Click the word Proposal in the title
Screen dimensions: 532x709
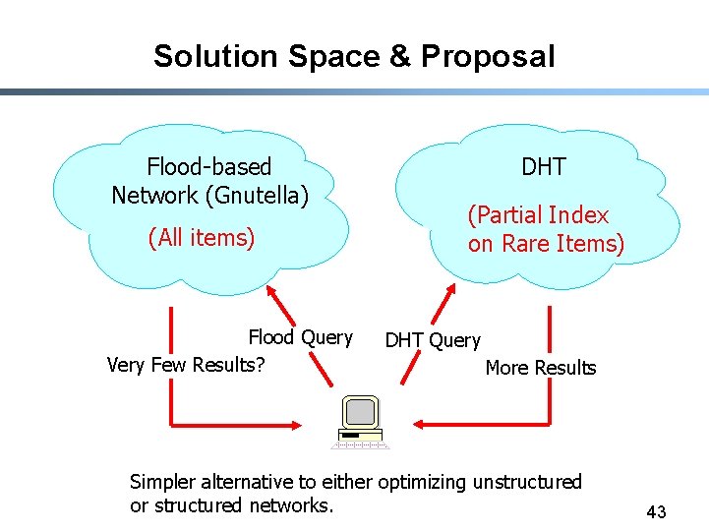488,57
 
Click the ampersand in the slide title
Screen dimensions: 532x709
400,56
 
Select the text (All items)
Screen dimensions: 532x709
201,237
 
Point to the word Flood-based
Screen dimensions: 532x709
208,167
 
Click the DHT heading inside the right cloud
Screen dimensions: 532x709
544,167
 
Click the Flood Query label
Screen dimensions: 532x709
300,337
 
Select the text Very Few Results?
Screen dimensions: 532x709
186,365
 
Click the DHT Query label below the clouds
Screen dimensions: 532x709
433,340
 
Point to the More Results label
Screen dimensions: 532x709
541,368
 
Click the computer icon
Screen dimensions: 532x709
360,421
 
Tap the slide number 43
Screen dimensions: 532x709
656,511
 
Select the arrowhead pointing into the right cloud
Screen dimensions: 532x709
448,292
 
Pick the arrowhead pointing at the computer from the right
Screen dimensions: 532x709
418,424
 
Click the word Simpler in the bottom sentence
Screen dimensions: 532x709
163,482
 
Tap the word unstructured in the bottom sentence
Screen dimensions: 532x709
527,482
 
